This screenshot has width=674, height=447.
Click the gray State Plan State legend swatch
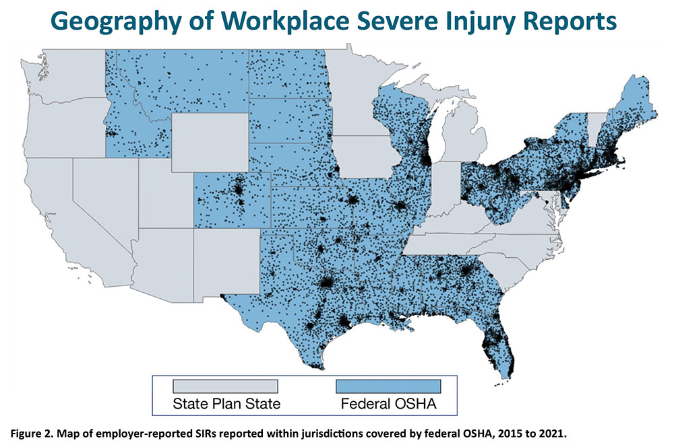[x=226, y=386]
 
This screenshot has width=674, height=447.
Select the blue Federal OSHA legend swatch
[x=388, y=386]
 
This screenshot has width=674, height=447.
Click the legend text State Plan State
[x=226, y=406]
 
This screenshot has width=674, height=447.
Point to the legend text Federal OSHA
[x=388, y=406]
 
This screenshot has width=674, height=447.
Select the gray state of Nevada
[x=101, y=195]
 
